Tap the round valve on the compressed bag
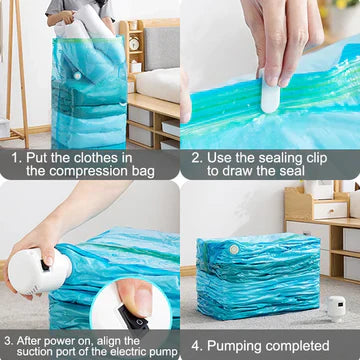pyautogui.click(x=233, y=247)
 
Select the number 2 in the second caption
pyautogui.click(x=197, y=157)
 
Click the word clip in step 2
pyautogui.click(x=315, y=157)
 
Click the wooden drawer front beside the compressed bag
pyautogui.click(x=329, y=211)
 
